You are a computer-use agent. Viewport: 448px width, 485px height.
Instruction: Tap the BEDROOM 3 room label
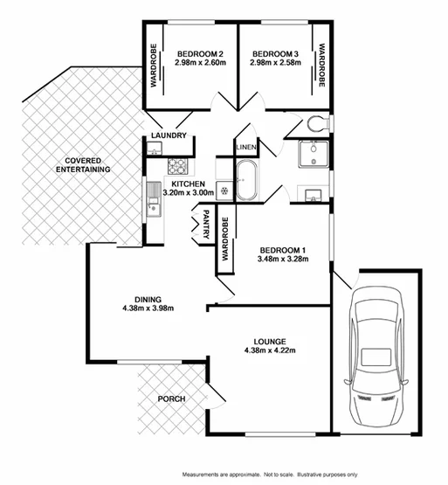[x=273, y=51]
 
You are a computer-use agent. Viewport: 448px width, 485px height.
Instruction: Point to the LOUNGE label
[x=272, y=340]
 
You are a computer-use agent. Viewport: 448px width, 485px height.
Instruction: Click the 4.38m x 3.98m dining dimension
[x=148, y=308]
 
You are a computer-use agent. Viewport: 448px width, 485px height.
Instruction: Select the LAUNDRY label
[x=168, y=135]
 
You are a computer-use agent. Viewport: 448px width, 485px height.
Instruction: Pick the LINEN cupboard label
[x=246, y=148]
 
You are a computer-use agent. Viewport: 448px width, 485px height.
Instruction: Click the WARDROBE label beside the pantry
[x=224, y=239]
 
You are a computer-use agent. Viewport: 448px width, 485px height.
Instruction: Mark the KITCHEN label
[x=188, y=184]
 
